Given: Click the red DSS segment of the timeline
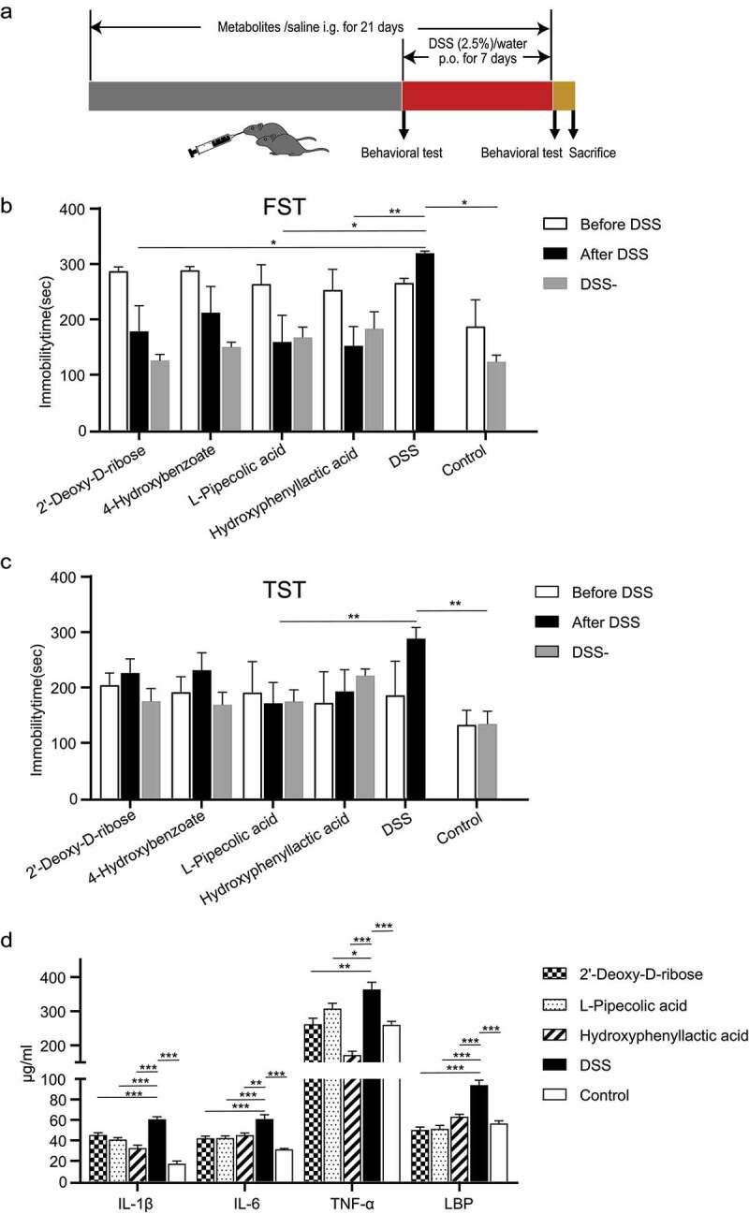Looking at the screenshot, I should pyautogui.click(x=477, y=96).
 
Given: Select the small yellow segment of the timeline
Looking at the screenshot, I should pyautogui.click(x=564, y=96).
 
